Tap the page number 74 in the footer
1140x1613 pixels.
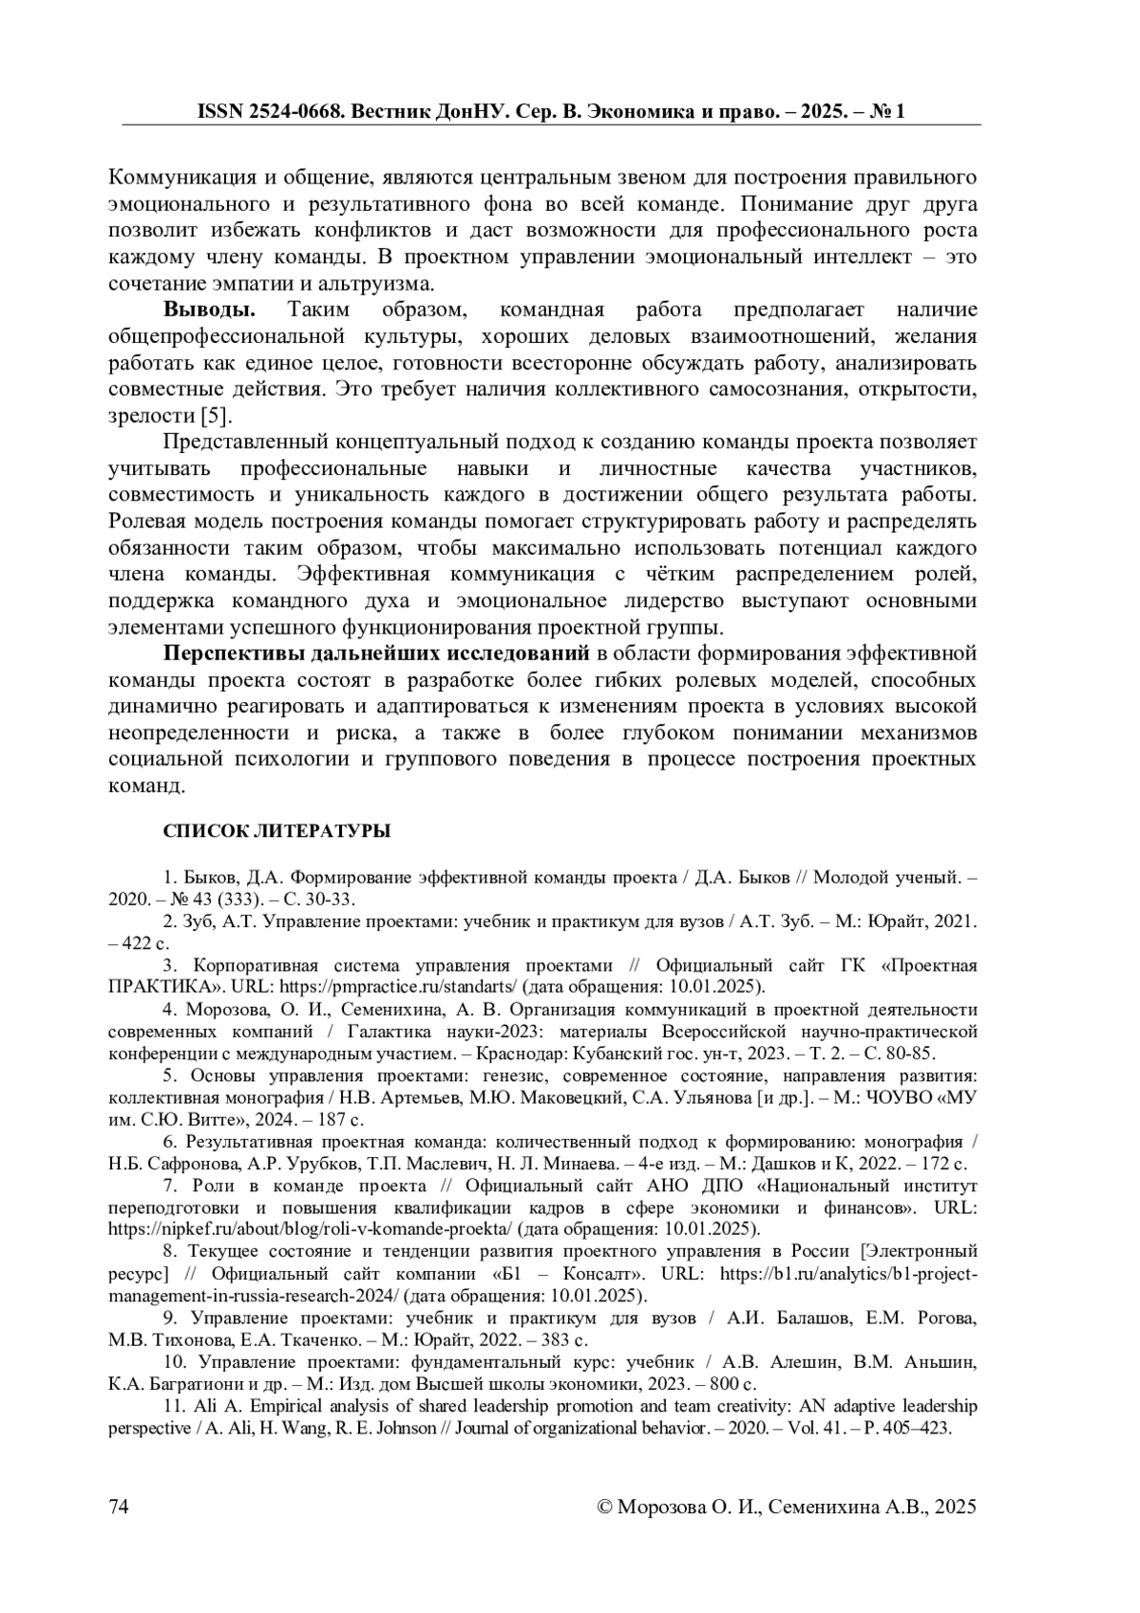click(x=120, y=1507)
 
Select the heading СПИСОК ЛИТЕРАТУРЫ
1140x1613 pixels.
click(x=277, y=831)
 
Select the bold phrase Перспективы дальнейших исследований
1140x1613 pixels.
click(x=377, y=654)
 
